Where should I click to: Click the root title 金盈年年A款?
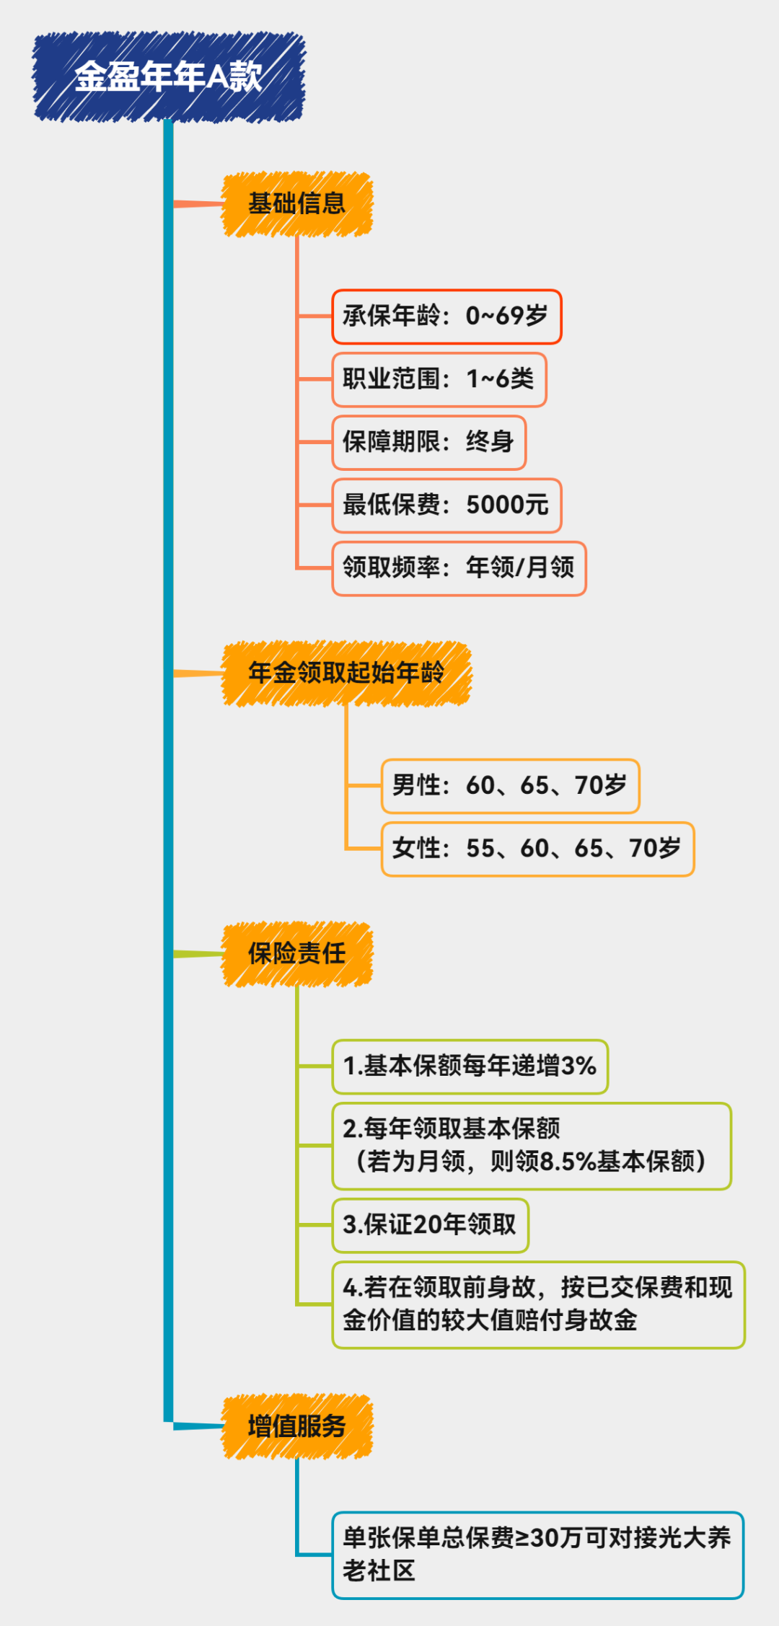(169, 76)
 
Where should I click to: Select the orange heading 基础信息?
(296, 204)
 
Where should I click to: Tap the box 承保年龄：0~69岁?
(446, 317)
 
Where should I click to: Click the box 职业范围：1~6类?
(439, 379)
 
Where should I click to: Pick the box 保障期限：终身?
(428, 442)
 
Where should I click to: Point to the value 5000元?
(507, 505)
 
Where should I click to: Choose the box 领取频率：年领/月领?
(459, 568)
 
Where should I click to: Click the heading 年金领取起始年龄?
(346, 673)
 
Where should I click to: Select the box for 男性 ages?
(509, 786)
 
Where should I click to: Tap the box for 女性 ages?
(537, 849)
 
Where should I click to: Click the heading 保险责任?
(296, 954)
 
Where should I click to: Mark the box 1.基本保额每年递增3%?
(470, 1066)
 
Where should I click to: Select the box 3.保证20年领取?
(430, 1225)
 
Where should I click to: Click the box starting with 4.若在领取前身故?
(537, 1304)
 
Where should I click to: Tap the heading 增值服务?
(296, 1426)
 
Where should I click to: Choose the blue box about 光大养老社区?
(537, 1555)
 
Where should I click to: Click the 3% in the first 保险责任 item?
(578, 1066)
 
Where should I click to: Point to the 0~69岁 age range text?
(506, 317)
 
